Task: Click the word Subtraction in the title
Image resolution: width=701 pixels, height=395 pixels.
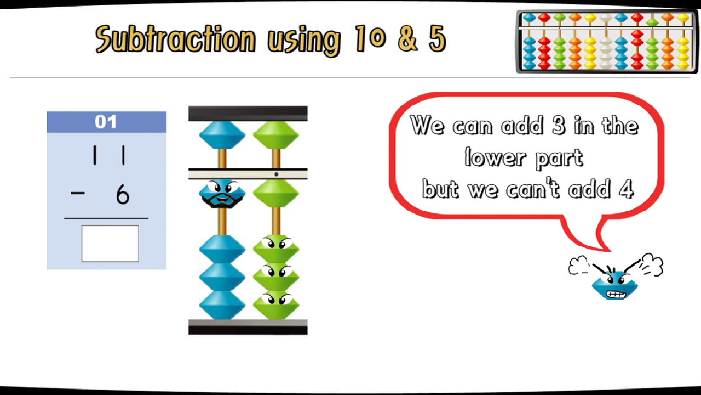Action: pyautogui.click(x=175, y=39)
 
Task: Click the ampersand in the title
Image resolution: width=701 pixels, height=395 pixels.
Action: pyautogui.click(x=407, y=38)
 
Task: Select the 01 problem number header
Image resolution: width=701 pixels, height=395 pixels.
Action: pyautogui.click(x=106, y=122)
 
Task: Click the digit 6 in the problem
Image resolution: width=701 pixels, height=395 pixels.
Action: pyautogui.click(x=122, y=195)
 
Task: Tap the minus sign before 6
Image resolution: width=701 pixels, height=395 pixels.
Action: pyautogui.click(x=78, y=193)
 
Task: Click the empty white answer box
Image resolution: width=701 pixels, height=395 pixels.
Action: pyautogui.click(x=110, y=244)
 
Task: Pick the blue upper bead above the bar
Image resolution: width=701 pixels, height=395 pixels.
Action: pyautogui.click(x=222, y=135)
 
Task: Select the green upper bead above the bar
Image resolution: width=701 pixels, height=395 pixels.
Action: pyautogui.click(x=275, y=135)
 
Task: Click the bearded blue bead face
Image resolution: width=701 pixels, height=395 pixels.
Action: pyautogui.click(x=222, y=194)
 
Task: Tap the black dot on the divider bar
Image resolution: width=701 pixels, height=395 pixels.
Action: pyautogui.click(x=276, y=174)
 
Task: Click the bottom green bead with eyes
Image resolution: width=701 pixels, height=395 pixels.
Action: pyautogui.click(x=275, y=304)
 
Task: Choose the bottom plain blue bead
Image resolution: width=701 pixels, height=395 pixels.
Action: pyautogui.click(x=222, y=305)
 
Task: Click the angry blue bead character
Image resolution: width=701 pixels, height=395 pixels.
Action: pyautogui.click(x=615, y=283)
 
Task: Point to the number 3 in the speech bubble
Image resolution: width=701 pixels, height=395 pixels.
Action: pyautogui.click(x=558, y=125)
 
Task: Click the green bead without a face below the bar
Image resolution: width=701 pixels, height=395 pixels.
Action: pyautogui.click(x=275, y=194)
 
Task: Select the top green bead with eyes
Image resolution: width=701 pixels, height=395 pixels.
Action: pyautogui.click(x=275, y=249)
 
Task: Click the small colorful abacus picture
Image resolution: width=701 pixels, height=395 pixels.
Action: pyautogui.click(x=607, y=42)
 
